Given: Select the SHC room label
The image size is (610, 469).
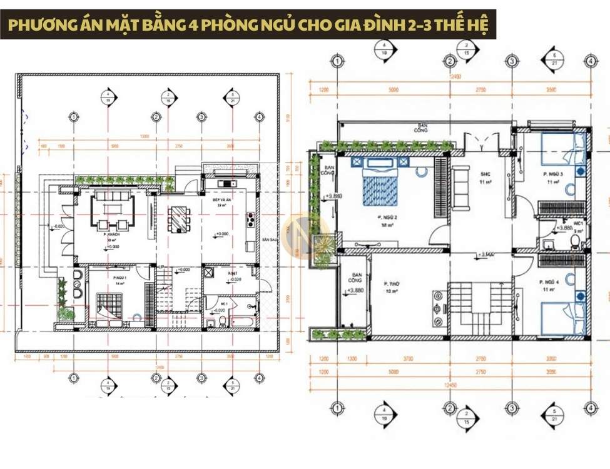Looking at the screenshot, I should (x=484, y=174).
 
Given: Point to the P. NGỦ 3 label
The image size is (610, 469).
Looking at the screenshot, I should (x=553, y=174).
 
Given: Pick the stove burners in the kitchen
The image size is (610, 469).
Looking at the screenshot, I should (x=252, y=219).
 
